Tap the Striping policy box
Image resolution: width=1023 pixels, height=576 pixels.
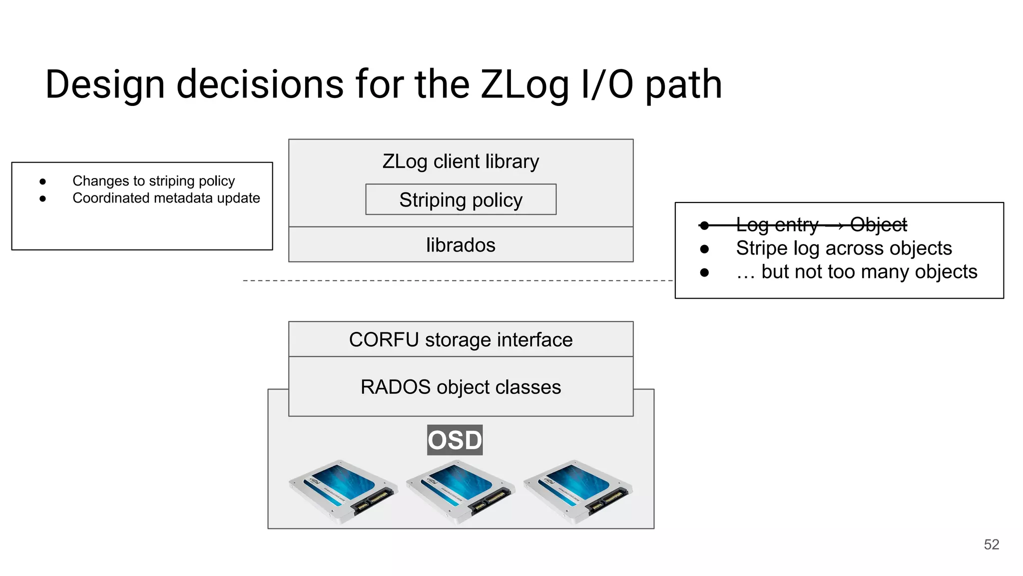tap(461, 199)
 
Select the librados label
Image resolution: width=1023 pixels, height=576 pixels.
tap(461, 245)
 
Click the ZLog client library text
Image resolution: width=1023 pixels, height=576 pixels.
tap(461, 161)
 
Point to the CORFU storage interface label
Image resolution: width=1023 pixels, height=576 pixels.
tap(461, 339)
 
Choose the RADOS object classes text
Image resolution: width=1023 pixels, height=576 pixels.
tap(461, 387)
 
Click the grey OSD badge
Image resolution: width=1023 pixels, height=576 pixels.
tap(455, 440)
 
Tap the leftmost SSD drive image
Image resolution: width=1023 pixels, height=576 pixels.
tap(343, 491)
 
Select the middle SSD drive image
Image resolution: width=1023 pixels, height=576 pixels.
tap(460, 491)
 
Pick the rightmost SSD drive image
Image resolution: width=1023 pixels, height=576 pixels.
tap(577, 491)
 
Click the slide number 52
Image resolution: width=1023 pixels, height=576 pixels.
tap(991, 544)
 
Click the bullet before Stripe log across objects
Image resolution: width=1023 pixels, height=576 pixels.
tap(704, 249)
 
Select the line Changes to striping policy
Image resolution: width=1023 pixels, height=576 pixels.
tap(153, 180)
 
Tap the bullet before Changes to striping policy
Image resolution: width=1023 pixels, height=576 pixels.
tap(43, 181)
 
